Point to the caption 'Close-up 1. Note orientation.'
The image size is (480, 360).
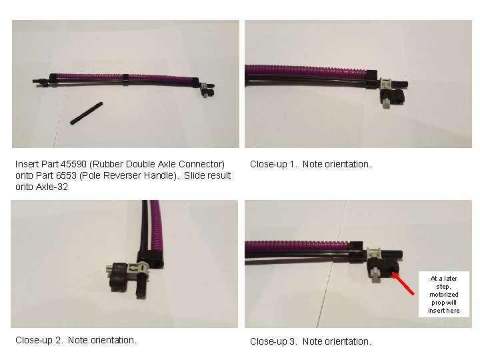310,164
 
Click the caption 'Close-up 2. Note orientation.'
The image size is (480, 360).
76,340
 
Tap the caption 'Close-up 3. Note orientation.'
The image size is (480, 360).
310,341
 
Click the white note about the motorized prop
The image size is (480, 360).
443,294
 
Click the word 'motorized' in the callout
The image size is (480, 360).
443,294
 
